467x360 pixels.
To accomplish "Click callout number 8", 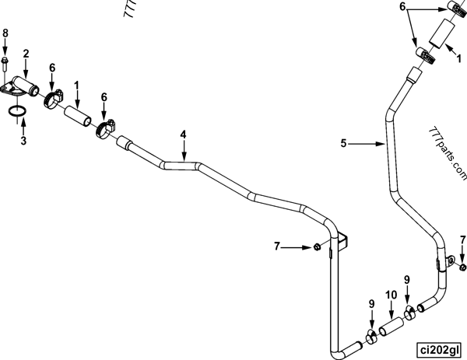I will (x=5, y=33).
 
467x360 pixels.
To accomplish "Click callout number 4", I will (x=184, y=135).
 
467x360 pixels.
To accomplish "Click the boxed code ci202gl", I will (x=437, y=348).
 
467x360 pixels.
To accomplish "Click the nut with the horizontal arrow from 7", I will (x=318, y=247).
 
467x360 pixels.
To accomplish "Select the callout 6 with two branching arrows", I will (x=402, y=5).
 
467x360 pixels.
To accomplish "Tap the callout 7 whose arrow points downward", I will (x=462, y=239).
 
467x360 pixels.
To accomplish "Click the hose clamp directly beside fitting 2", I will (x=54, y=99).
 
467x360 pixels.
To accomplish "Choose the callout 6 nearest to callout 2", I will (x=52, y=68).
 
